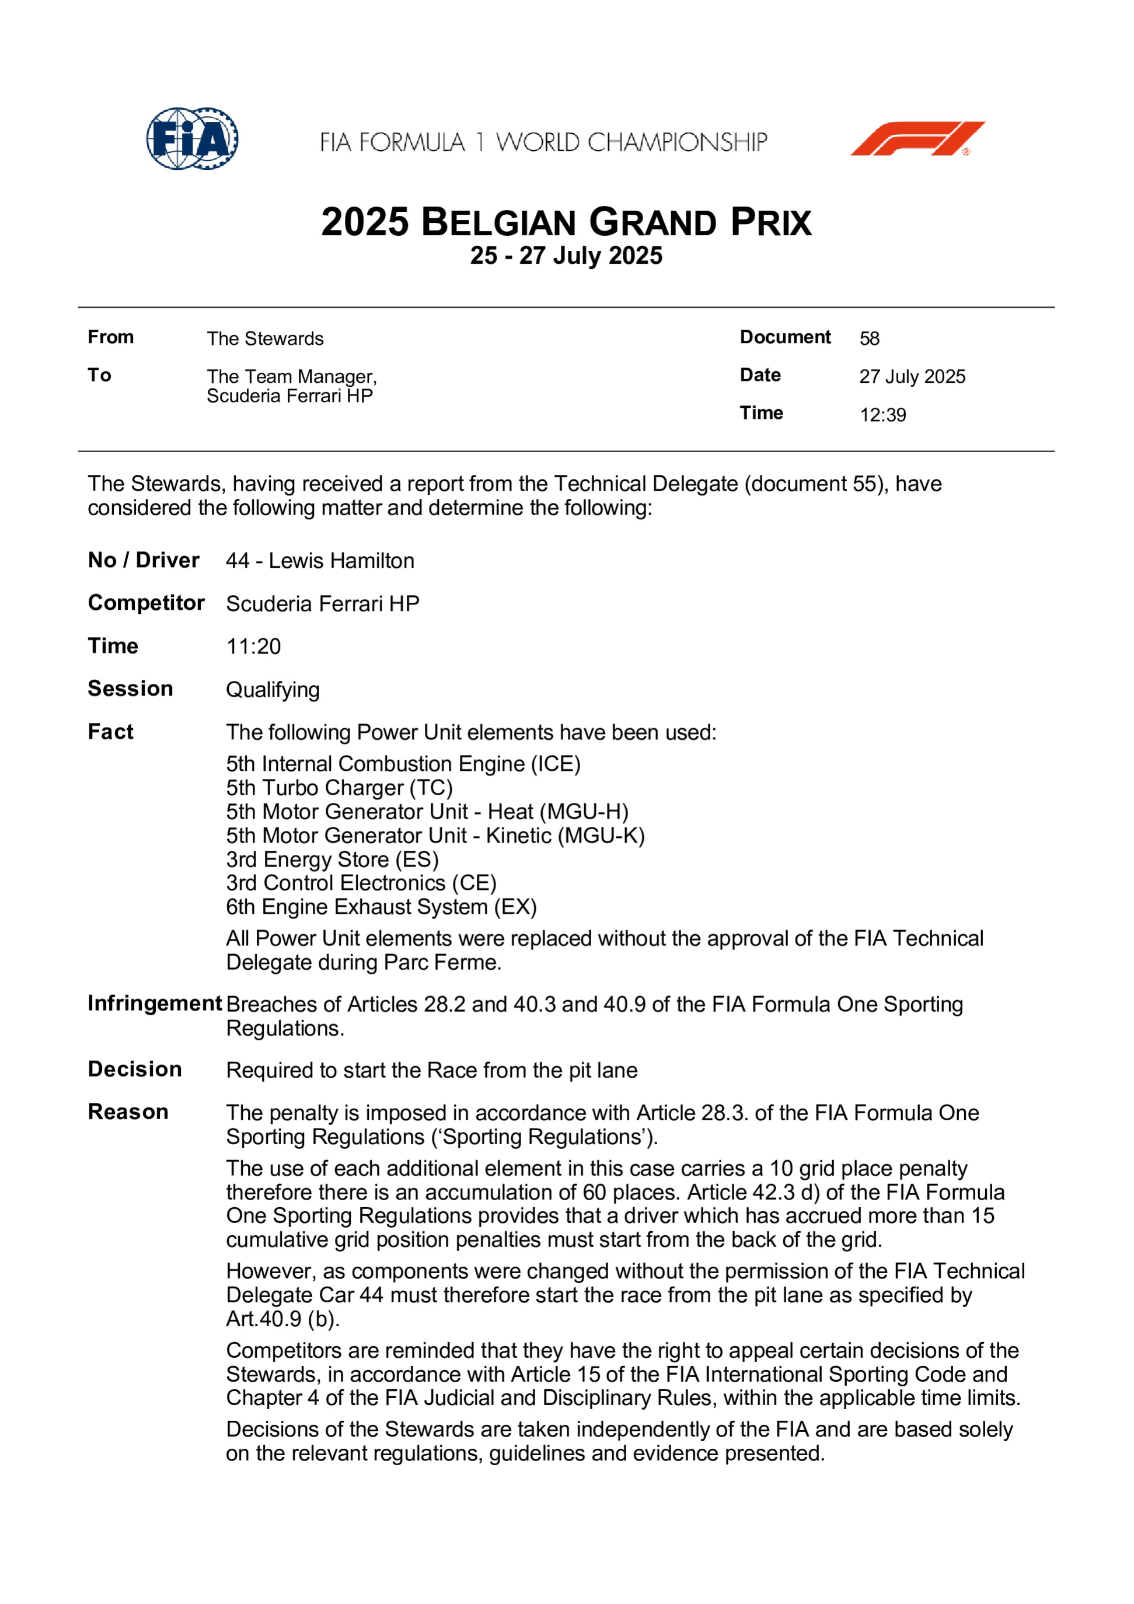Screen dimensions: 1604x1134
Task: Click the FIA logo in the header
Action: tap(192, 138)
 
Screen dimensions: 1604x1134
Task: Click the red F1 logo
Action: tap(917, 138)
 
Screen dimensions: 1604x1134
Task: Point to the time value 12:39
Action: tap(882, 415)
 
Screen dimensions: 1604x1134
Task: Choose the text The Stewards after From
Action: tap(265, 339)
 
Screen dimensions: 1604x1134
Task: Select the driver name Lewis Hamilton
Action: tap(341, 561)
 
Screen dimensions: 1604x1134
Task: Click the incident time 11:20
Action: tap(253, 647)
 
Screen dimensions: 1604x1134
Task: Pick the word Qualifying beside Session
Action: tap(273, 690)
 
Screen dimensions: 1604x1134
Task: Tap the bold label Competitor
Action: tap(146, 603)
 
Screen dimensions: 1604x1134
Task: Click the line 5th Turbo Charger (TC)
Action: tap(339, 788)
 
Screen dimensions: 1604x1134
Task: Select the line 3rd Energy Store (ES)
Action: tap(332, 860)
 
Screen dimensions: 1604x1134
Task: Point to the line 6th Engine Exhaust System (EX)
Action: tap(381, 907)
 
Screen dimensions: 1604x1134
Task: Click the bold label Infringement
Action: tap(155, 1004)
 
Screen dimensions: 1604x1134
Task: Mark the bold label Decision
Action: tap(135, 1070)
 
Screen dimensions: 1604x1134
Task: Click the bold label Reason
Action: tap(128, 1112)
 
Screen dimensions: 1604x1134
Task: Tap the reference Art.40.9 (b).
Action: tap(282, 1319)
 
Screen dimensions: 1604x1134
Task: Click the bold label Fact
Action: tap(110, 732)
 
